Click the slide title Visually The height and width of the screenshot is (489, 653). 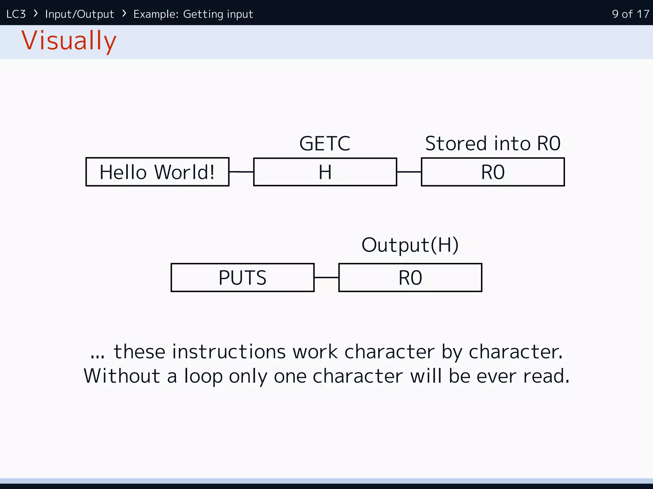coord(69,41)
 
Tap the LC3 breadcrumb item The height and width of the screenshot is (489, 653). coord(16,14)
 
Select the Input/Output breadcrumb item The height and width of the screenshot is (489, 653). coord(79,14)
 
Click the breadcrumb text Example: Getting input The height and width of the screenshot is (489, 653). coord(193,14)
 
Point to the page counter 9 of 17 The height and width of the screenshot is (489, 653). coord(630,14)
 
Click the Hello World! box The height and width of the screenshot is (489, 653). coord(157,172)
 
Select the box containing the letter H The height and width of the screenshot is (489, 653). coord(325,172)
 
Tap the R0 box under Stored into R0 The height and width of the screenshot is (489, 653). coord(493,172)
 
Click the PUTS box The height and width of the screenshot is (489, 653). coord(242,278)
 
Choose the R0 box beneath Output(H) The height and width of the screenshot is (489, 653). coord(410,278)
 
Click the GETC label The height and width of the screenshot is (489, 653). coord(325,143)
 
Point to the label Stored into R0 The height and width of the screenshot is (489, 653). coord(493,143)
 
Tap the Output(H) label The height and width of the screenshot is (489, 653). coord(410,245)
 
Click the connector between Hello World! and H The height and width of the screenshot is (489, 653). coord(241,172)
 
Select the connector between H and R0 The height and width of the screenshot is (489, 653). coord(409,172)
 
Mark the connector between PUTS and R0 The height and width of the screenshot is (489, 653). coord(326,278)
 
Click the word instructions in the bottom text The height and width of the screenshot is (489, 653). coord(228,352)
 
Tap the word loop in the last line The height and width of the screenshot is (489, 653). coord(203,376)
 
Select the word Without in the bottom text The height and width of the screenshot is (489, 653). coord(121,376)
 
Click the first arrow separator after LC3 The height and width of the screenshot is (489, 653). coord(36,13)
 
